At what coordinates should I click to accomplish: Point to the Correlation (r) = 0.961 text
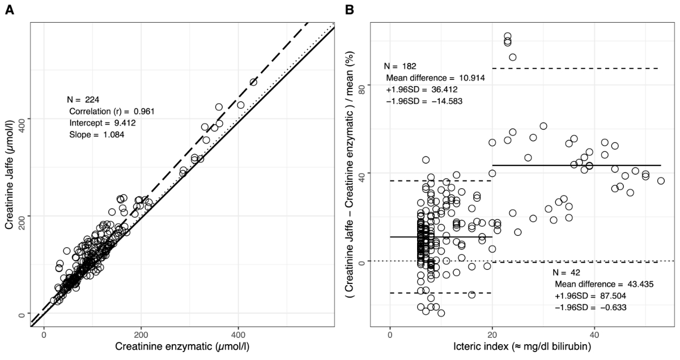click(x=112, y=111)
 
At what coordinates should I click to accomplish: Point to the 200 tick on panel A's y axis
click(x=22, y=216)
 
